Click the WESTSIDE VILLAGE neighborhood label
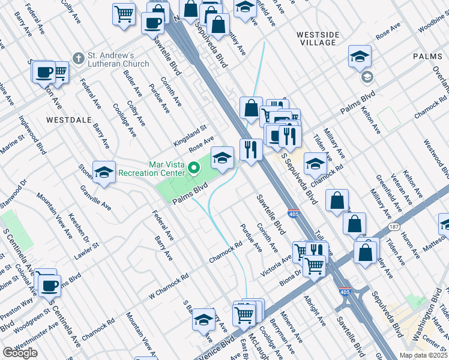(316, 39)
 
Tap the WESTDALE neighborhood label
(68, 120)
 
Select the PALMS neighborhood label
(427, 56)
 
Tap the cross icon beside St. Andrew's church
(78, 58)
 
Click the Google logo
(20, 353)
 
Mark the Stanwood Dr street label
(14, 193)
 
